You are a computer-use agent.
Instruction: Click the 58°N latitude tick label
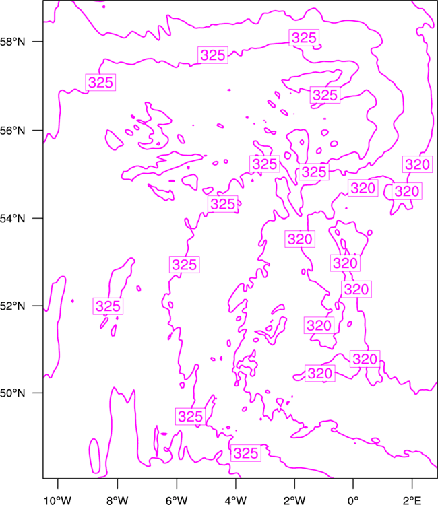click(x=12, y=42)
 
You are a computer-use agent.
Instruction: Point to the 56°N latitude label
click(x=12, y=131)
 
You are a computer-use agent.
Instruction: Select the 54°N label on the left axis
click(x=12, y=218)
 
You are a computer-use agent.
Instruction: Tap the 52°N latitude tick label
click(x=12, y=306)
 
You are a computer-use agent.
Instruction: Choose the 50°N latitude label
click(x=12, y=393)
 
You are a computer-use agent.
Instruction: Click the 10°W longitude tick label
click(x=58, y=500)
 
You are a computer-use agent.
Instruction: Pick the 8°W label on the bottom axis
click(x=117, y=500)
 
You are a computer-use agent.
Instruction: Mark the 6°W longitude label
click(x=177, y=500)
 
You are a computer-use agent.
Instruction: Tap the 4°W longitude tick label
click(x=236, y=500)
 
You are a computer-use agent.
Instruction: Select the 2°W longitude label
click(x=294, y=500)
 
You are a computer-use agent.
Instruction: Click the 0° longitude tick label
click(x=353, y=500)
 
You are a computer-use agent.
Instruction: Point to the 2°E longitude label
click(x=412, y=500)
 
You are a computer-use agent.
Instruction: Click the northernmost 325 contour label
click(x=304, y=38)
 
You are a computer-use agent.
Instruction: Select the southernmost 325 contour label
click(x=246, y=453)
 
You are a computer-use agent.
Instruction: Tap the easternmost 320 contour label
click(x=417, y=164)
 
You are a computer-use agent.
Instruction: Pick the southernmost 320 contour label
click(x=320, y=373)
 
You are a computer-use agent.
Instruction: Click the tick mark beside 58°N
click(x=38, y=42)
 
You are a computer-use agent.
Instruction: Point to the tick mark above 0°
click(x=353, y=483)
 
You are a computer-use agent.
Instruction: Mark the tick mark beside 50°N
click(x=38, y=393)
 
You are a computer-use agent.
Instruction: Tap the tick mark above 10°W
click(x=58, y=483)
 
